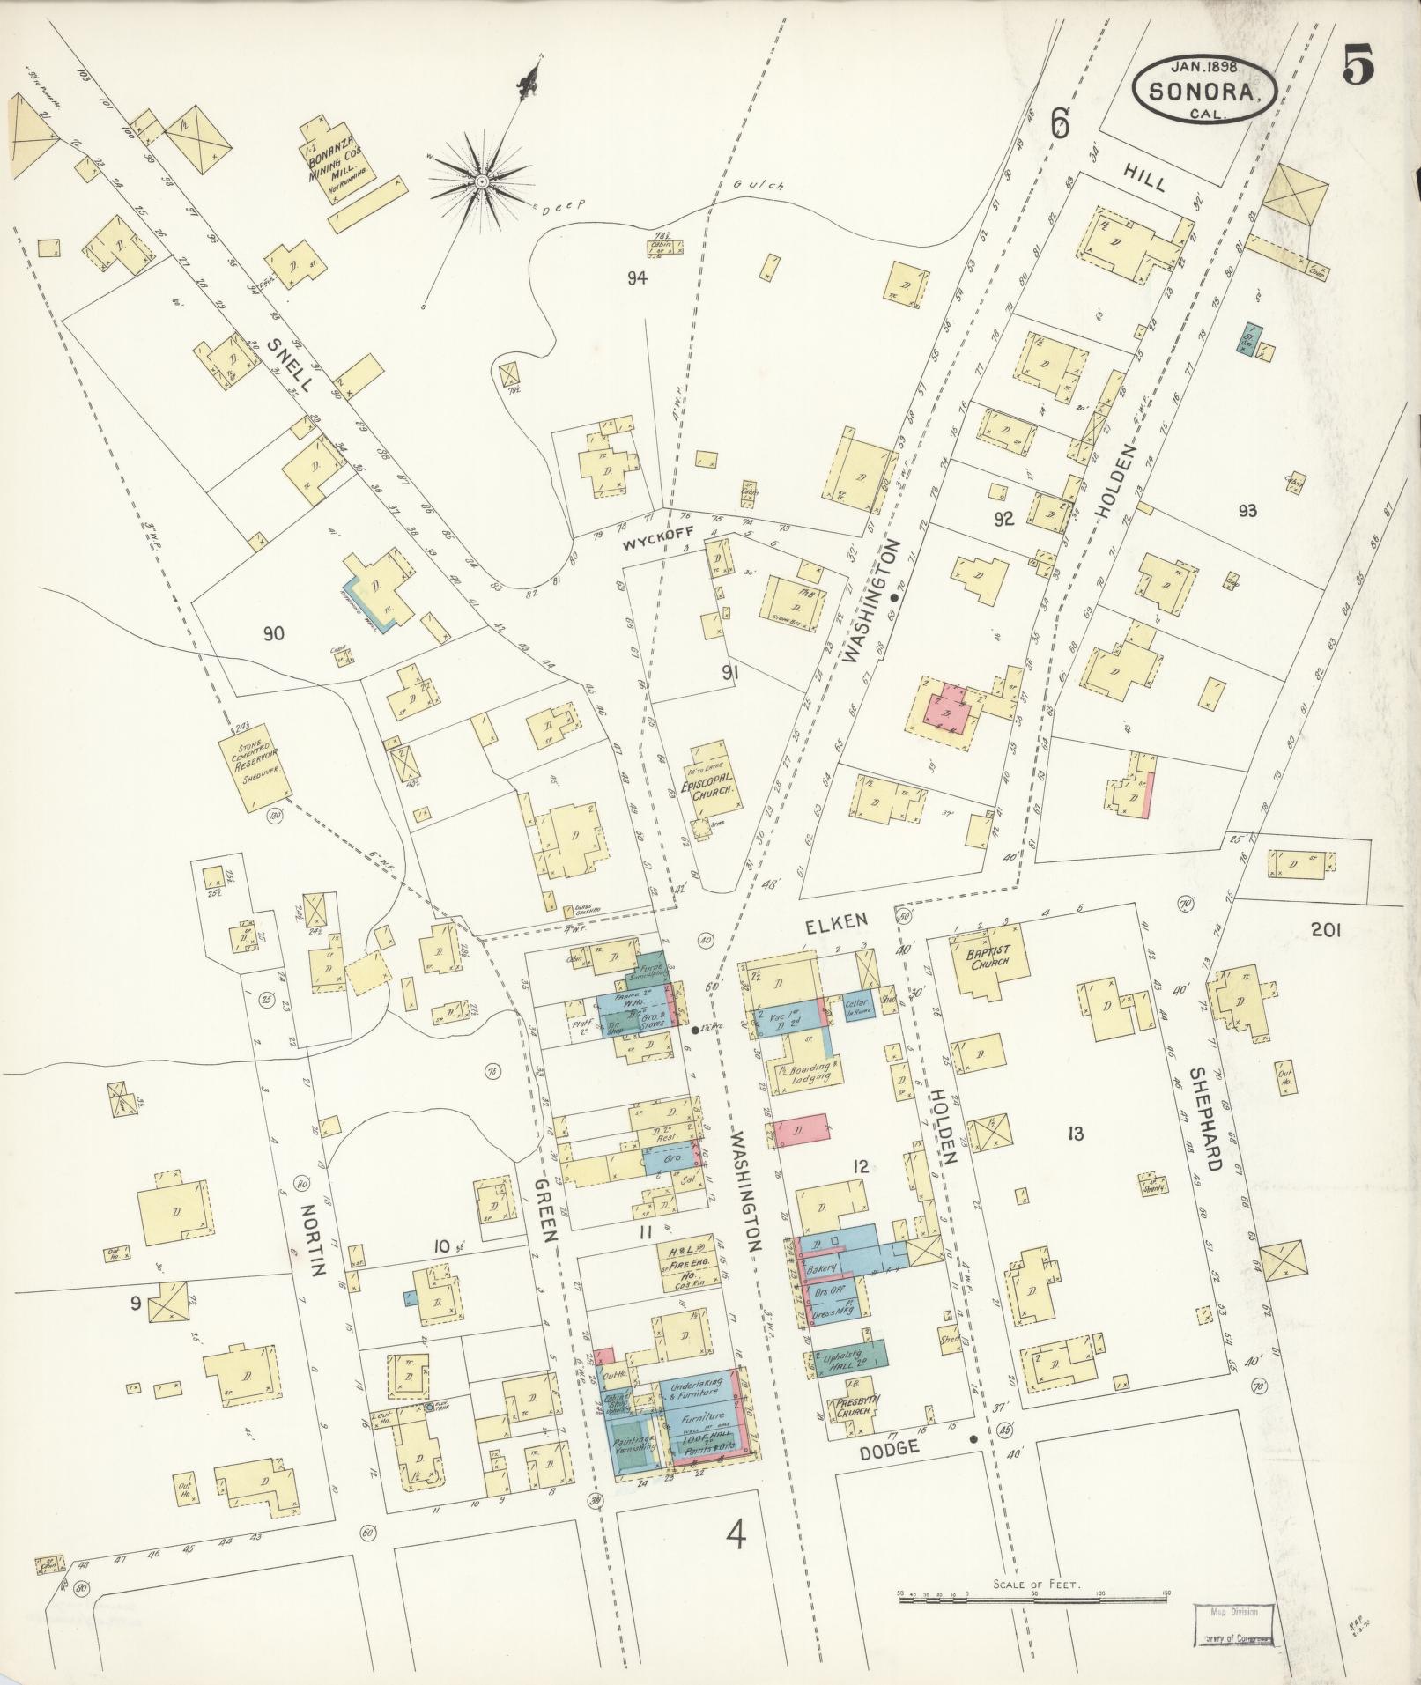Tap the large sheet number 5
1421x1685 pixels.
tap(1360, 66)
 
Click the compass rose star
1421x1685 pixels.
tap(481, 181)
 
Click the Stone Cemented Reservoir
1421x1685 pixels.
tap(255, 765)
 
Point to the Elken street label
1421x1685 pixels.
tap(837, 919)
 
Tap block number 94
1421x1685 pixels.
tap(637, 279)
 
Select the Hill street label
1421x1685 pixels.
tap(1146, 180)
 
